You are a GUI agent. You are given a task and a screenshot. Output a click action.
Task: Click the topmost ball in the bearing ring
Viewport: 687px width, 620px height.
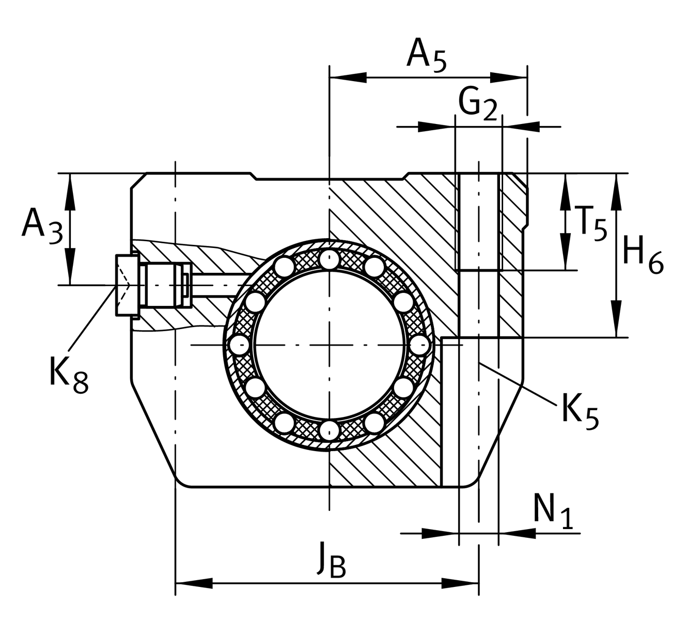[x=329, y=258]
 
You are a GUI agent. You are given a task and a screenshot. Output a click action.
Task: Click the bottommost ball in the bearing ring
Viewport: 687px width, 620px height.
[x=329, y=430]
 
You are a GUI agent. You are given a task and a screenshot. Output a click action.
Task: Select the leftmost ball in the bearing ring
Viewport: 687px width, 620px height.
[x=240, y=344]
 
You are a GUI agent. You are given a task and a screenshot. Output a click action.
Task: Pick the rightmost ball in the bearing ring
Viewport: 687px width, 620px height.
[x=419, y=344]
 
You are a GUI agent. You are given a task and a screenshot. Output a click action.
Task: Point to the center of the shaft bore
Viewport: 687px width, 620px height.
[x=329, y=344]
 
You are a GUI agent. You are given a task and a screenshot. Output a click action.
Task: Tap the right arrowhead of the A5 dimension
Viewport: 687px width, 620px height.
[x=509, y=78]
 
